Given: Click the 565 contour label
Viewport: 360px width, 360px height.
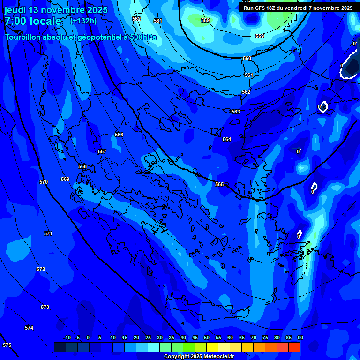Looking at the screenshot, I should pyautogui.click(x=219, y=184).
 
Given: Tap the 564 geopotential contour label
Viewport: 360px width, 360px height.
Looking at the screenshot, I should pyautogui.click(x=227, y=139).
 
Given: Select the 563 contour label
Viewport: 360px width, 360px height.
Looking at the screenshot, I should pyautogui.click(x=236, y=112).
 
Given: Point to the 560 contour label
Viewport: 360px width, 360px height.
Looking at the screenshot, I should pyautogui.click(x=247, y=58).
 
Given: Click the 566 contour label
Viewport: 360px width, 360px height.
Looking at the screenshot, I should pyautogui.click(x=119, y=135).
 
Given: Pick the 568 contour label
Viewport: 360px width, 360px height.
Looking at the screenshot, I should pyautogui.click(x=82, y=166).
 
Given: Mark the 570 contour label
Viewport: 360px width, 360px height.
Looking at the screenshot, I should pyautogui.click(x=44, y=182).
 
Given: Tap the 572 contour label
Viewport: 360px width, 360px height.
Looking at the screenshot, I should pyautogui.click(x=41, y=269).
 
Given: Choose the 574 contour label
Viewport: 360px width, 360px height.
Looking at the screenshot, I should pyautogui.click(x=29, y=328).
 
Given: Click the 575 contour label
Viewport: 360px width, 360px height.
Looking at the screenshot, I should pyautogui.click(x=7, y=345).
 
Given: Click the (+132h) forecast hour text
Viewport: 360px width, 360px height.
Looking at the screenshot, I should pyautogui.click(x=83, y=21).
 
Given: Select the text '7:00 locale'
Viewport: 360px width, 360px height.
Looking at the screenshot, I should pyautogui.click(x=33, y=21).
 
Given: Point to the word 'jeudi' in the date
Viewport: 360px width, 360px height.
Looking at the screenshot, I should pyautogui.click(x=15, y=10).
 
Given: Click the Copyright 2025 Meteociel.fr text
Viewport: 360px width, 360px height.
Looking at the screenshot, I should pyautogui.click(x=199, y=357).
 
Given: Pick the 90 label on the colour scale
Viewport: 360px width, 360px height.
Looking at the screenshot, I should pyautogui.click(x=300, y=337).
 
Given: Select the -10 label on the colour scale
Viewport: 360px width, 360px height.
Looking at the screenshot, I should pyautogui.click(x=67, y=337).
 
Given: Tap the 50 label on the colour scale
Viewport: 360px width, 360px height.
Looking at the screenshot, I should pyautogui.click(x=207, y=337).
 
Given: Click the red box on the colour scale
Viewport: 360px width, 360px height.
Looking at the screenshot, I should pyautogui.click(x=294, y=347).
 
